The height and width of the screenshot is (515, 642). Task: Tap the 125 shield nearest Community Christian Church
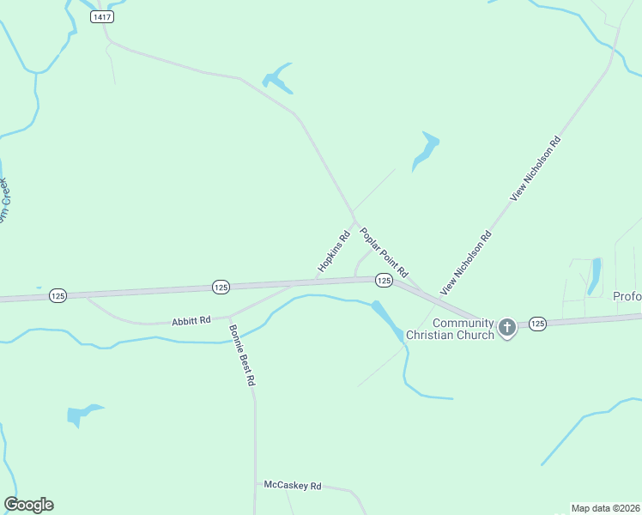(537, 323)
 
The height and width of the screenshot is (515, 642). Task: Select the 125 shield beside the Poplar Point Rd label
(384, 280)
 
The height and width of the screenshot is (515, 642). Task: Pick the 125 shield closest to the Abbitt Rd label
(221, 287)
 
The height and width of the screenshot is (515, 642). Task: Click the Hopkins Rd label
(334, 251)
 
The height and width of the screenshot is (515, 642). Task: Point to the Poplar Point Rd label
(384, 250)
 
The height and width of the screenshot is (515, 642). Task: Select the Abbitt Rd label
(191, 320)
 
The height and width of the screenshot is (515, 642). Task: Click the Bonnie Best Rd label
(242, 354)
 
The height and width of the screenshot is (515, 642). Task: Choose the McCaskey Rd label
(292, 485)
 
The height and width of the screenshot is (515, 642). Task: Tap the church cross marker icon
(507, 327)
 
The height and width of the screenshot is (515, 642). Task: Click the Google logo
(28, 505)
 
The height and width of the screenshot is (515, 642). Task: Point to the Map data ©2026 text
(605, 507)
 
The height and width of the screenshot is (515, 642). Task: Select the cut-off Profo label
(627, 297)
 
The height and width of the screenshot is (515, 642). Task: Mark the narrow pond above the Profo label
(595, 276)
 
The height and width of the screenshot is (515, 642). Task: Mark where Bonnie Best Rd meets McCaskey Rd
(255, 484)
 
